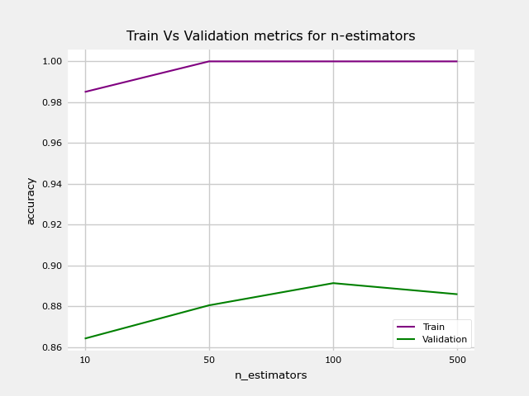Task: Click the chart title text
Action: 270,36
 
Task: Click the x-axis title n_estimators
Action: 270,375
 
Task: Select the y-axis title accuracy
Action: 31,200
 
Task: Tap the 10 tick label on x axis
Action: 85,361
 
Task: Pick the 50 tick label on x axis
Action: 209,361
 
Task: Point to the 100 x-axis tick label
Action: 333,361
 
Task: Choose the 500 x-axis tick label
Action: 457,361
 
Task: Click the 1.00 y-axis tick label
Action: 52,61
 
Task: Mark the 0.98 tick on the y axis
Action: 52,102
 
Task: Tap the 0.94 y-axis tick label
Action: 52,184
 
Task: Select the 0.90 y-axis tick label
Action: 52,266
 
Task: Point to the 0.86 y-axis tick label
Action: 52,347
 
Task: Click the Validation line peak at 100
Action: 333,283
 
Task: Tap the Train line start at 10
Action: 85,92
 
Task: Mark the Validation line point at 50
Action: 209,305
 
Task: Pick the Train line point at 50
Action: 209,61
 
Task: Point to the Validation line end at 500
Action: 457,295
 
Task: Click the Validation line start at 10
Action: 85,338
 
